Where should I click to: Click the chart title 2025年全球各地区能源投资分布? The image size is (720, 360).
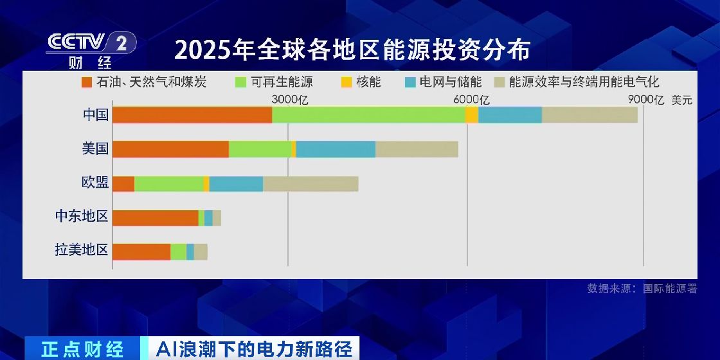(x=352, y=50)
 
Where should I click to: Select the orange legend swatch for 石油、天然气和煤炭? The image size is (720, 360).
(x=87, y=82)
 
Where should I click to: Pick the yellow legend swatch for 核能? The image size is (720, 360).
(x=346, y=82)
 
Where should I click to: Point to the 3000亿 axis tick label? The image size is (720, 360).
(x=290, y=100)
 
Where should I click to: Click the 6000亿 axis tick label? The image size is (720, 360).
(x=471, y=100)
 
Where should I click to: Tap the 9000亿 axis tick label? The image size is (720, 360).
(x=645, y=100)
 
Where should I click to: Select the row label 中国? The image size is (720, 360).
(x=95, y=115)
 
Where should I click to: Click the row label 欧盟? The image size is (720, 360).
(x=95, y=183)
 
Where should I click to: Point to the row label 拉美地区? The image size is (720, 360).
(x=81, y=250)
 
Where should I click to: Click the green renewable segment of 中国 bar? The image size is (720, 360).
(x=368, y=115)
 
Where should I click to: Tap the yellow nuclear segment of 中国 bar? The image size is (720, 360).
(x=471, y=115)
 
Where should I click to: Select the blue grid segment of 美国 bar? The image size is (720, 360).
(x=336, y=149)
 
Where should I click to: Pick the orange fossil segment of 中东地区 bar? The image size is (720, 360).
(x=155, y=218)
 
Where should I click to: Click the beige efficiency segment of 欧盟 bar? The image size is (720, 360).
(x=310, y=183)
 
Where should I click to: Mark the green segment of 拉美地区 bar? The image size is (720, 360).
(x=178, y=252)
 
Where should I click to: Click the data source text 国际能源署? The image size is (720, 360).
(x=670, y=289)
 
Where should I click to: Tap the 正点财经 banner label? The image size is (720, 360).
(x=82, y=349)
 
